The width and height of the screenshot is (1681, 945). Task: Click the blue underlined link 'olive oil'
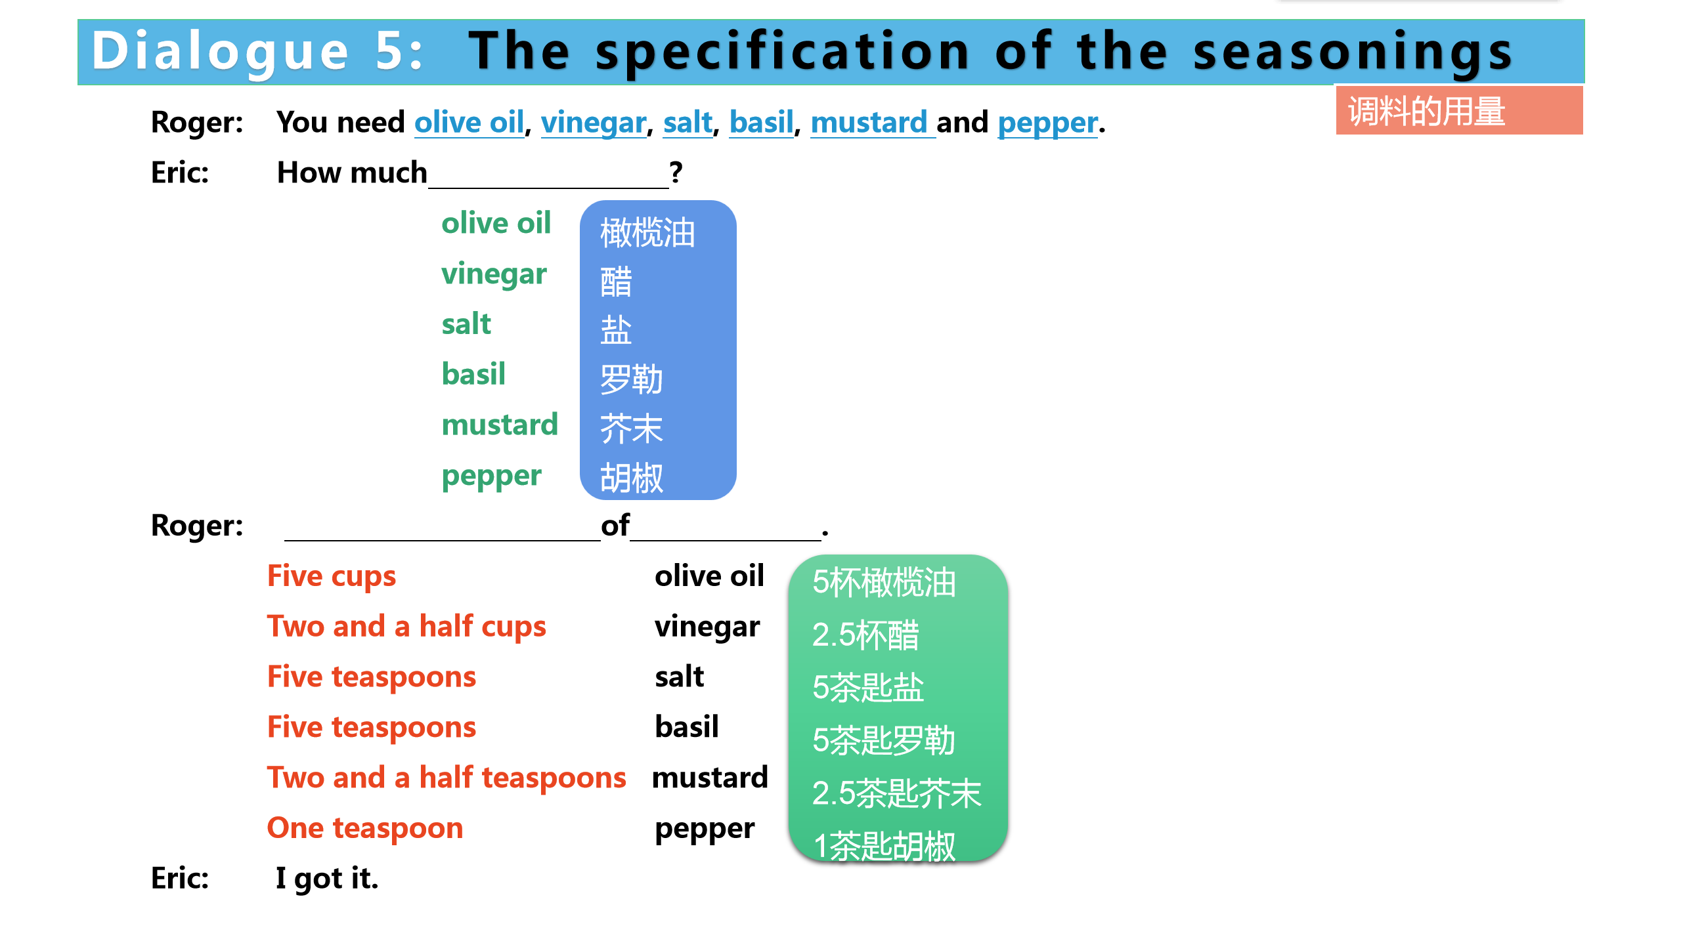[x=469, y=122]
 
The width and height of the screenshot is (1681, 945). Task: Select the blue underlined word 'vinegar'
[x=594, y=123]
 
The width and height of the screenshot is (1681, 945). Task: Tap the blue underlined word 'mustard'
[x=869, y=122]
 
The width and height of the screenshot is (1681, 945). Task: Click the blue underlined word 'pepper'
[x=1048, y=123]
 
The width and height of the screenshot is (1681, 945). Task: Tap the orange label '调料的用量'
[x=1426, y=111]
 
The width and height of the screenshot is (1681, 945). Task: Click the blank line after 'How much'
[x=548, y=187]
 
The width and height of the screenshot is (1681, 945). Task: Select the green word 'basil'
[x=473, y=374]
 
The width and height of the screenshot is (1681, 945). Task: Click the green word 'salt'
[x=466, y=324]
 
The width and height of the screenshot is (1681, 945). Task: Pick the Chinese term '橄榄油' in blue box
[x=647, y=232]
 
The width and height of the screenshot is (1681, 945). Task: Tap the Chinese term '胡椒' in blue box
[x=632, y=477]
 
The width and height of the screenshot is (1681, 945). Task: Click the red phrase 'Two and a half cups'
[x=406, y=627]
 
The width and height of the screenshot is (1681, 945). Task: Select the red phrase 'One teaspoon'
[x=365, y=828]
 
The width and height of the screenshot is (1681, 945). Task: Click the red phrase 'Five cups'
[x=332, y=576]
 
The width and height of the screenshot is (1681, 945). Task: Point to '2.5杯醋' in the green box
[x=865, y=635]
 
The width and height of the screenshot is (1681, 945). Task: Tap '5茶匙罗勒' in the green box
[x=884, y=741]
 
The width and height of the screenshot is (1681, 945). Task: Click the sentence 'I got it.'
[x=327, y=879]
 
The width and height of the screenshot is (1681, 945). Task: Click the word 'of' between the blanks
[x=615, y=526]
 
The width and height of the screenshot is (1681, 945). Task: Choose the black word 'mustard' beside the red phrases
[x=710, y=778]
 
